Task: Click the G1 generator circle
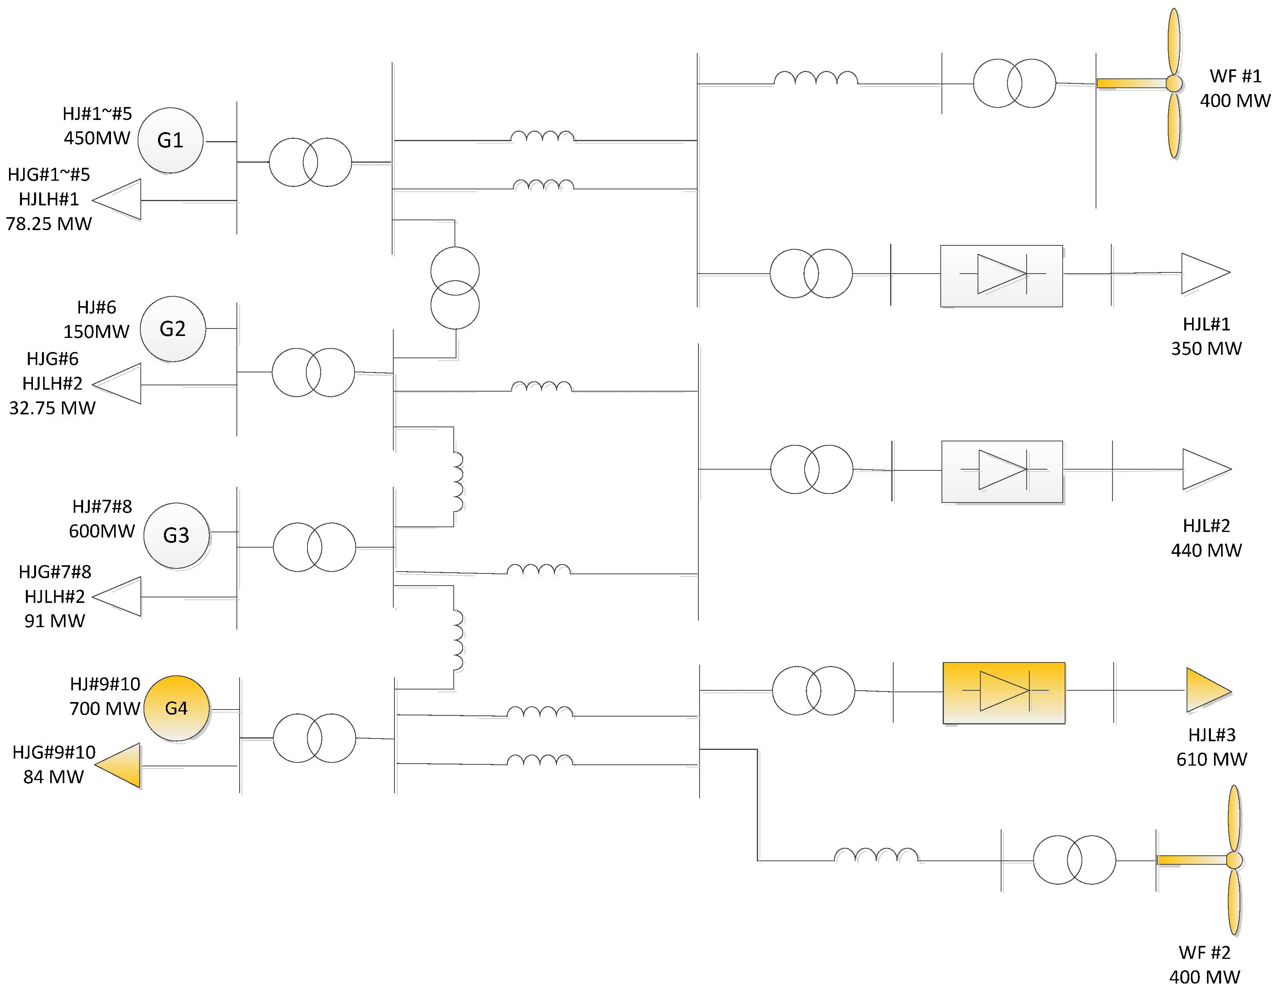coord(170,140)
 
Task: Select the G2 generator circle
coord(173,329)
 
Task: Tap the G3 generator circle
coord(176,535)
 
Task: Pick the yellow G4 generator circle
coord(176,708)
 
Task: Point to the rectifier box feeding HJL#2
coord(1002,472)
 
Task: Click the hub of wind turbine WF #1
coord(1174,83)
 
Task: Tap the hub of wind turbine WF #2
coord(1234,860)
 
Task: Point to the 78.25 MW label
coord(49,224)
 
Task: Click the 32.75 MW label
coord(52,408)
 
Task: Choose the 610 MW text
coord(1211,759)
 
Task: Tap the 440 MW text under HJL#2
coord(1206,550)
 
